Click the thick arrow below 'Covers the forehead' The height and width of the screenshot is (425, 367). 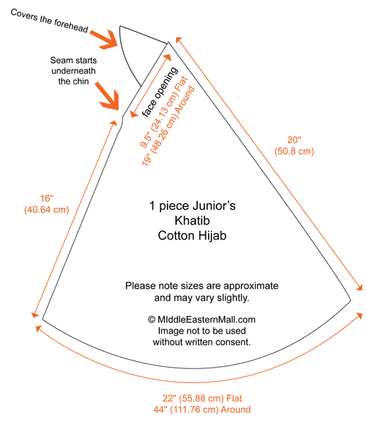click(x=104, y=40)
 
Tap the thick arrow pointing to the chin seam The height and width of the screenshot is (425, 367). click(x=108, y=96)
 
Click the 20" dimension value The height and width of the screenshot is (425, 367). click(x=294, y=140)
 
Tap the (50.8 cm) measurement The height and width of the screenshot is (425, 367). click(x=294, y=151)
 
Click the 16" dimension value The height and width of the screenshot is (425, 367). click(x=47, y=198)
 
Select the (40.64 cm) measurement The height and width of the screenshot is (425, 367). click(x=46, y=210)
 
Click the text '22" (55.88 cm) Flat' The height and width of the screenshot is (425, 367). click(x=202, y=398)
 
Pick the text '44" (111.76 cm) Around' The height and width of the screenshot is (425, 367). click(x=202, y=409)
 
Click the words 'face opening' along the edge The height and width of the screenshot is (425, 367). click(x=160, y=92)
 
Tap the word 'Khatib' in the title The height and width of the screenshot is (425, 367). click(x=192, y=220)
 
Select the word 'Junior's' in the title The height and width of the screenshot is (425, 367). click(x=214, y=205)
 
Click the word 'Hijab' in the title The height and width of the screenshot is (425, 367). click(x=212, y=236)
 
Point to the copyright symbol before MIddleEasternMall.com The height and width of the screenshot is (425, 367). click(x=152, y=319)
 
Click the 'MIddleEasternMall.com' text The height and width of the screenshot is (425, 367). click(x=206, y=319)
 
